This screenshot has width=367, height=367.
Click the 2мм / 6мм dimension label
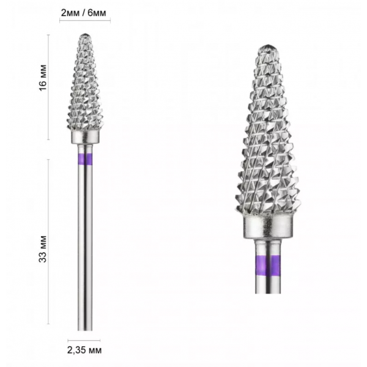[x=84, y=13]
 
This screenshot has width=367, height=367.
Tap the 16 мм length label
[x=43, y=78]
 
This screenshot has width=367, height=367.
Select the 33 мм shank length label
[x=43, y=249]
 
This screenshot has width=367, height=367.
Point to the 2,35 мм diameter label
[x=84, y=350]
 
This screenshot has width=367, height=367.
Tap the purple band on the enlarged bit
[x=268, y=265]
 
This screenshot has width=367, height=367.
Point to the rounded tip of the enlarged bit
[x=268, y=47]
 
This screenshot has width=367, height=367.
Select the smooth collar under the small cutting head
[x=85, y=138]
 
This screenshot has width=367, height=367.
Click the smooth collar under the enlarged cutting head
[x=268, y=227]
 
